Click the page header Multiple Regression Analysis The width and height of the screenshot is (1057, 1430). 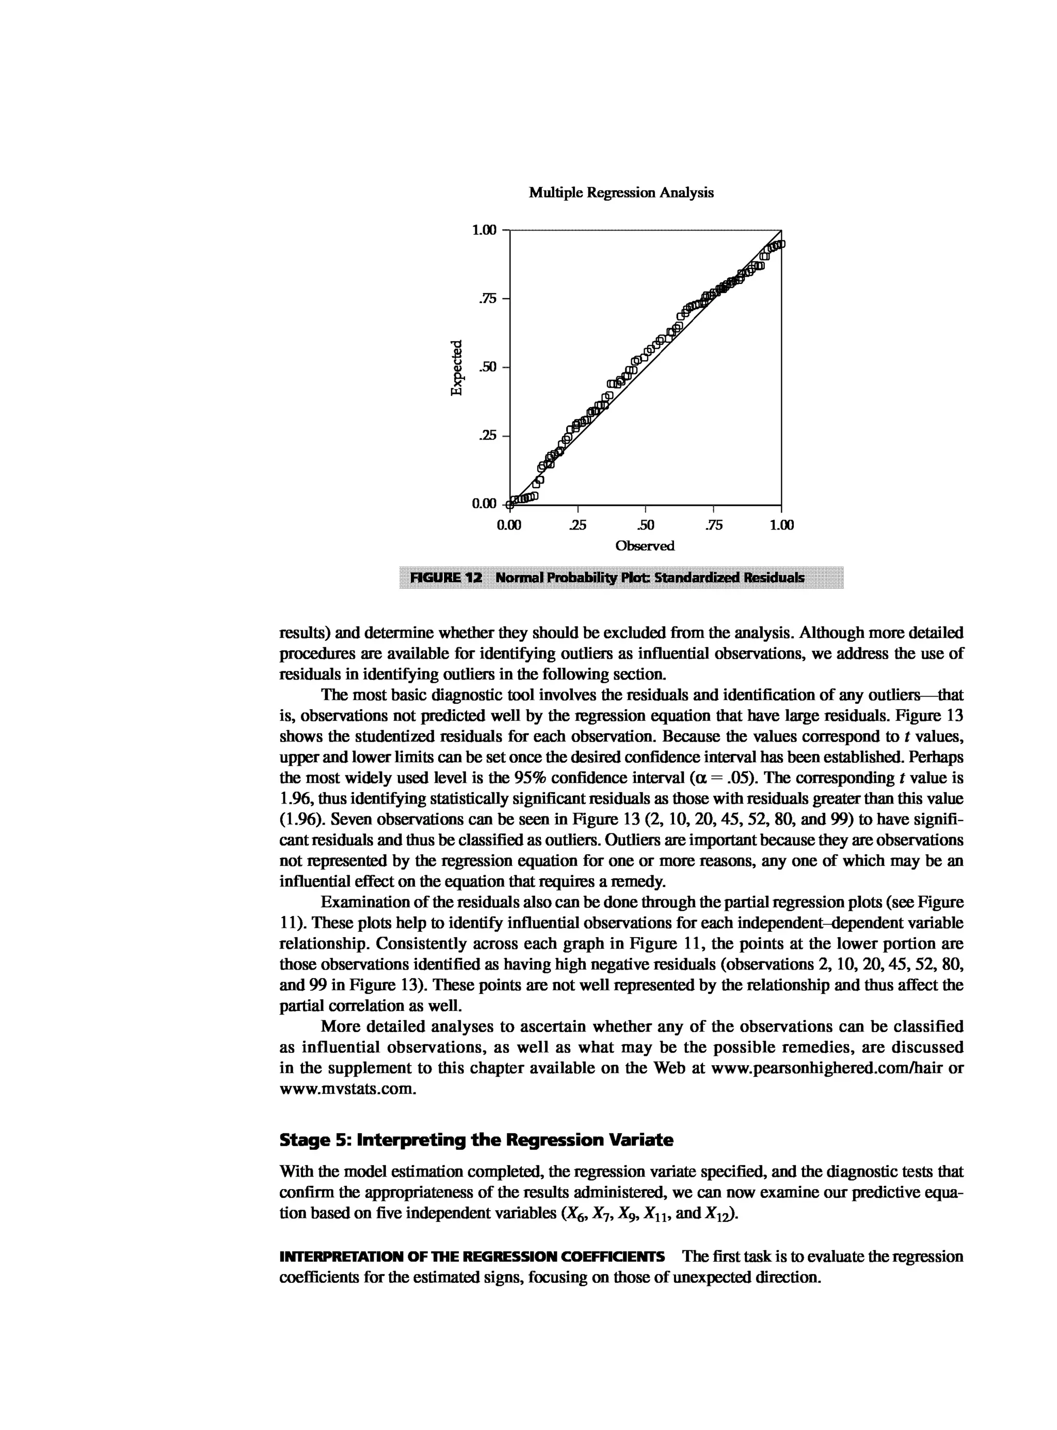621,192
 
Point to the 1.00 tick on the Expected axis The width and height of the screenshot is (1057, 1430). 484,230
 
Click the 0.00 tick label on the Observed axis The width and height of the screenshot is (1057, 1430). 509,526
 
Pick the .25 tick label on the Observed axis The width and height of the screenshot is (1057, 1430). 577,526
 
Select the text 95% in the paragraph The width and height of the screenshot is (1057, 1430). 531,778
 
